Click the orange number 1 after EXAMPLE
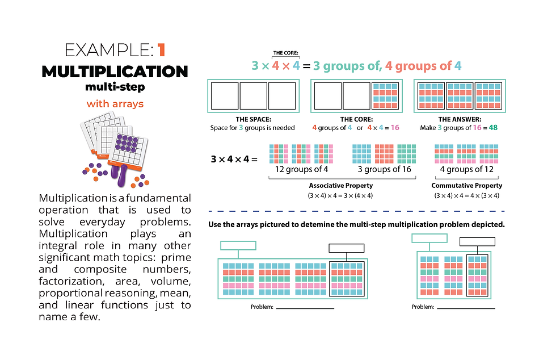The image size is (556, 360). click(x=161, y=50)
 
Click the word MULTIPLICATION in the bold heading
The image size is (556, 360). click(x=115, y=72)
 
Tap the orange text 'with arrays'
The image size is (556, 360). click(x=115, y=104)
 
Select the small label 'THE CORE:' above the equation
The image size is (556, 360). click(x=286, y=53)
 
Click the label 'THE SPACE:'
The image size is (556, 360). click(x=252, y=120)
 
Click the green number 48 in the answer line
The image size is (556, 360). click(x=493, y=128)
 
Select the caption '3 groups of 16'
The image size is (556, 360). click(x=384, y=169)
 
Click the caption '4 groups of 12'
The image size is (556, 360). click(x=467, y=169)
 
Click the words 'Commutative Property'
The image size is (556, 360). click(x=467, y=186)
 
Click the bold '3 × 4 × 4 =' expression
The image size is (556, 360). click(x=234, y=160)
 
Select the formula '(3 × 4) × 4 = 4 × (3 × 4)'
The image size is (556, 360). click(x=467, y=195)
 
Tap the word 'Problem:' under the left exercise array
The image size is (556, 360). click(x=262, y=307)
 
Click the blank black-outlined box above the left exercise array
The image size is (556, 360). click(x=347, y=248)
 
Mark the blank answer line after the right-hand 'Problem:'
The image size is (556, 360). click(x=466, y=308)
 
